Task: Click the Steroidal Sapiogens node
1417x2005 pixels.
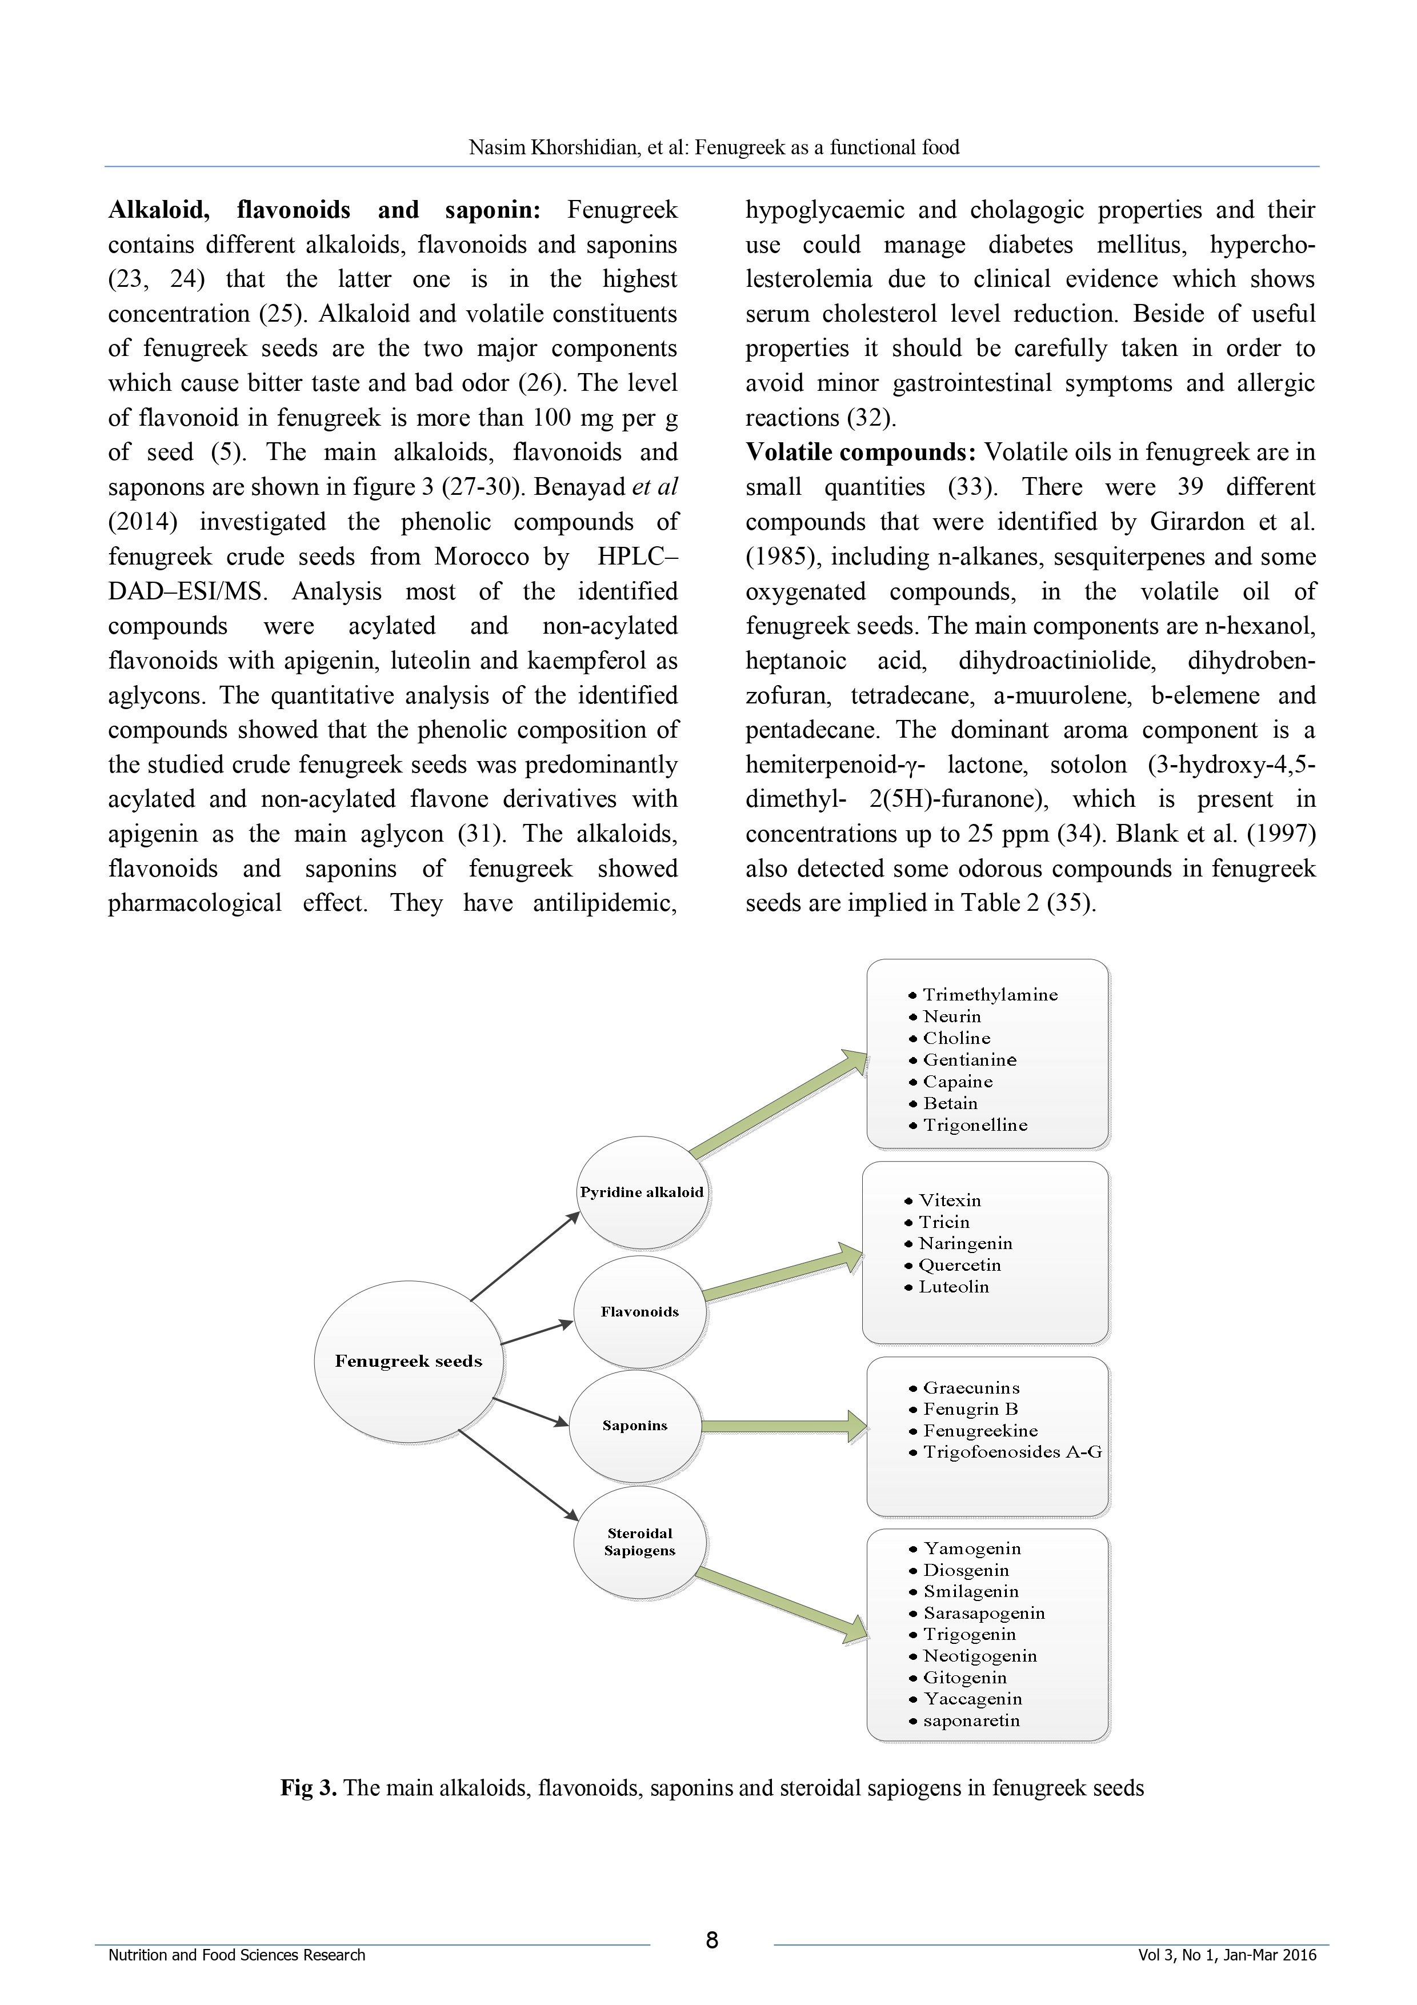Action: tap(640, 1542)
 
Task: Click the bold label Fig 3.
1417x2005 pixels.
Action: tap(308, 1787)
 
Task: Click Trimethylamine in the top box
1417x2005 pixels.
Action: tap(990, 995)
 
